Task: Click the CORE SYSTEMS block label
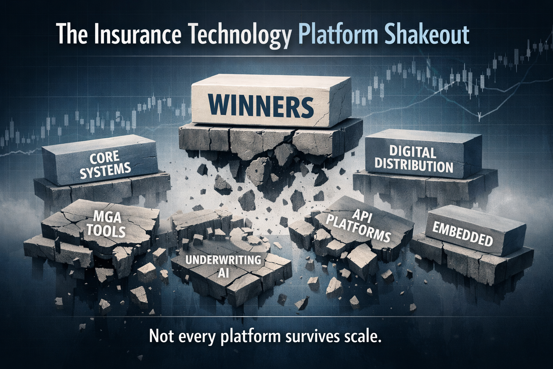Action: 104,164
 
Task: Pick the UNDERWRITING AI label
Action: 223,266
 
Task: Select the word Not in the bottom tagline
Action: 159,337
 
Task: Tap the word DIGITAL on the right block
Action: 407,152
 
